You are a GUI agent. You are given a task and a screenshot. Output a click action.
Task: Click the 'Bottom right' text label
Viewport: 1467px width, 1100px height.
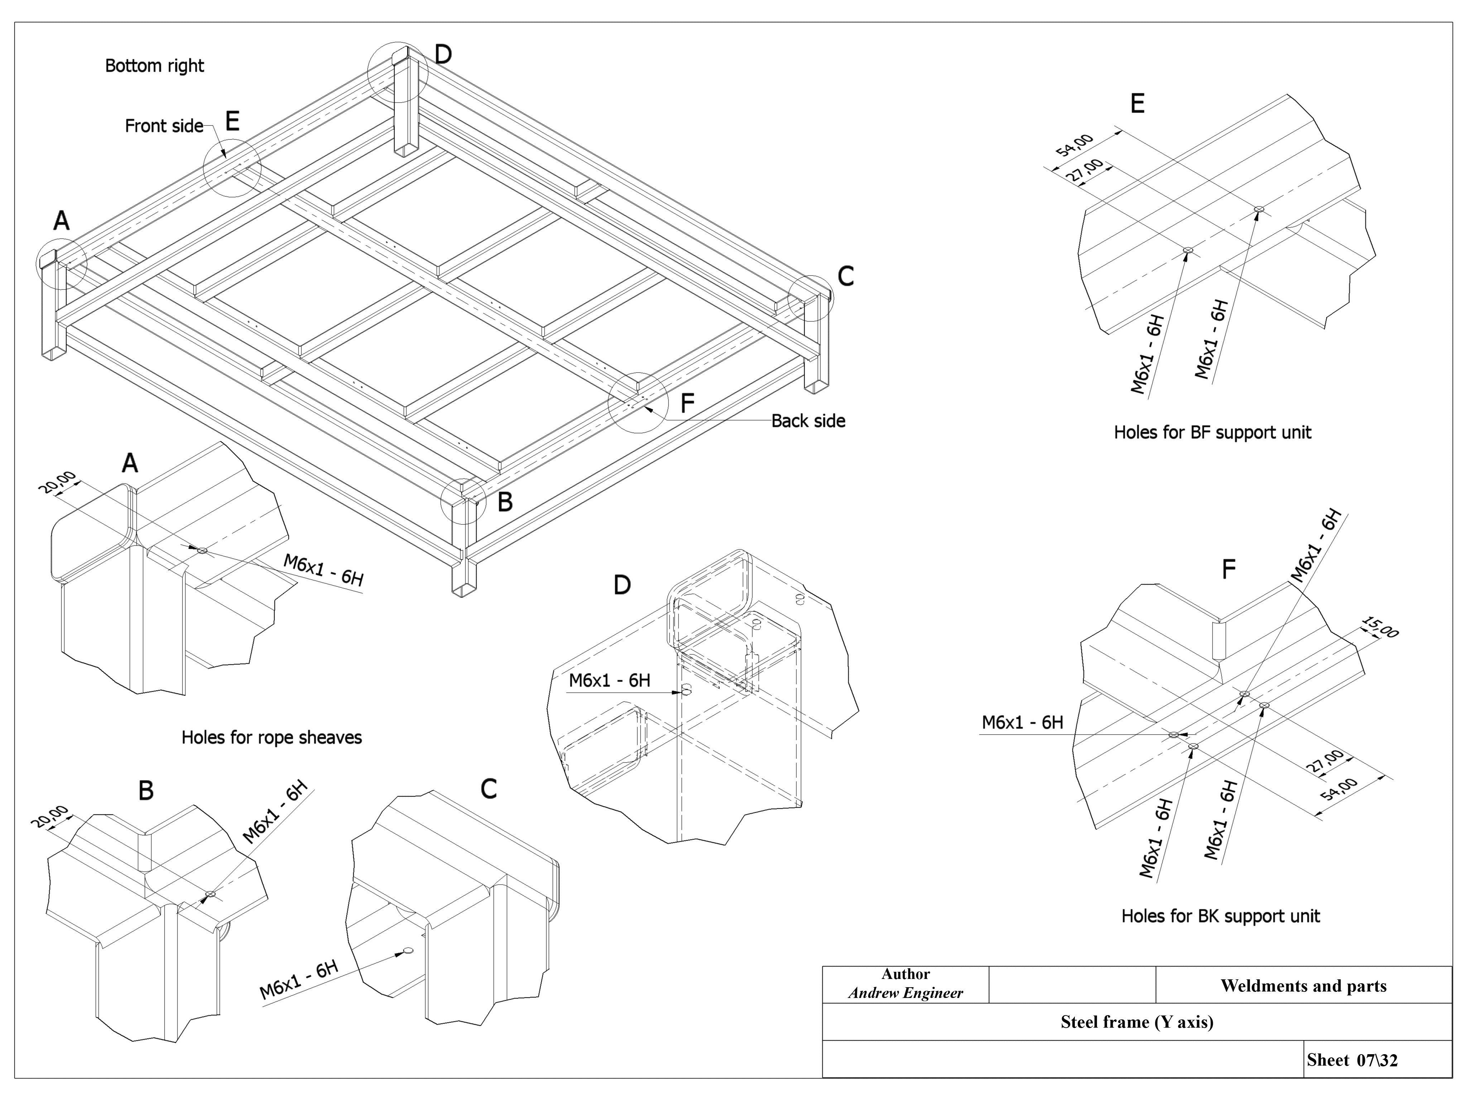[x=154, y=66]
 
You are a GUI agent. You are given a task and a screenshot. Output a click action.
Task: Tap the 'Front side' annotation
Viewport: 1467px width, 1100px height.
[x=164, y=126]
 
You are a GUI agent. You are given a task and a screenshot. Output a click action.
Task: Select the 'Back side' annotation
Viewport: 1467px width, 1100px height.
[x=808, y=421]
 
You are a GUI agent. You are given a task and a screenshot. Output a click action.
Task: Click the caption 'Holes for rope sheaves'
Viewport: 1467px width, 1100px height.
[x=271, y=737]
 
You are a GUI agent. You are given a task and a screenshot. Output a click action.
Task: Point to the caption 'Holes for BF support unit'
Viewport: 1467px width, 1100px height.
[x=1212, y=432]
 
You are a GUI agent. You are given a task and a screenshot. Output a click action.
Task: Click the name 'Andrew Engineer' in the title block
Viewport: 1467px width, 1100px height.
[x=905, y=993]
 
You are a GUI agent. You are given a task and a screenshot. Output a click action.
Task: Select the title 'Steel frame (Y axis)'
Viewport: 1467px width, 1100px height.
[x=1137, y=1022]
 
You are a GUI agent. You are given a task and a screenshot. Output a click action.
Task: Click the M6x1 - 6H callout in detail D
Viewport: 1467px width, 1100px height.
[x=610, y=680]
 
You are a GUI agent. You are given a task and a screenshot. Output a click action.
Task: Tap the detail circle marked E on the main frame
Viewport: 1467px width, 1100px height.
[x=232, y=168]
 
